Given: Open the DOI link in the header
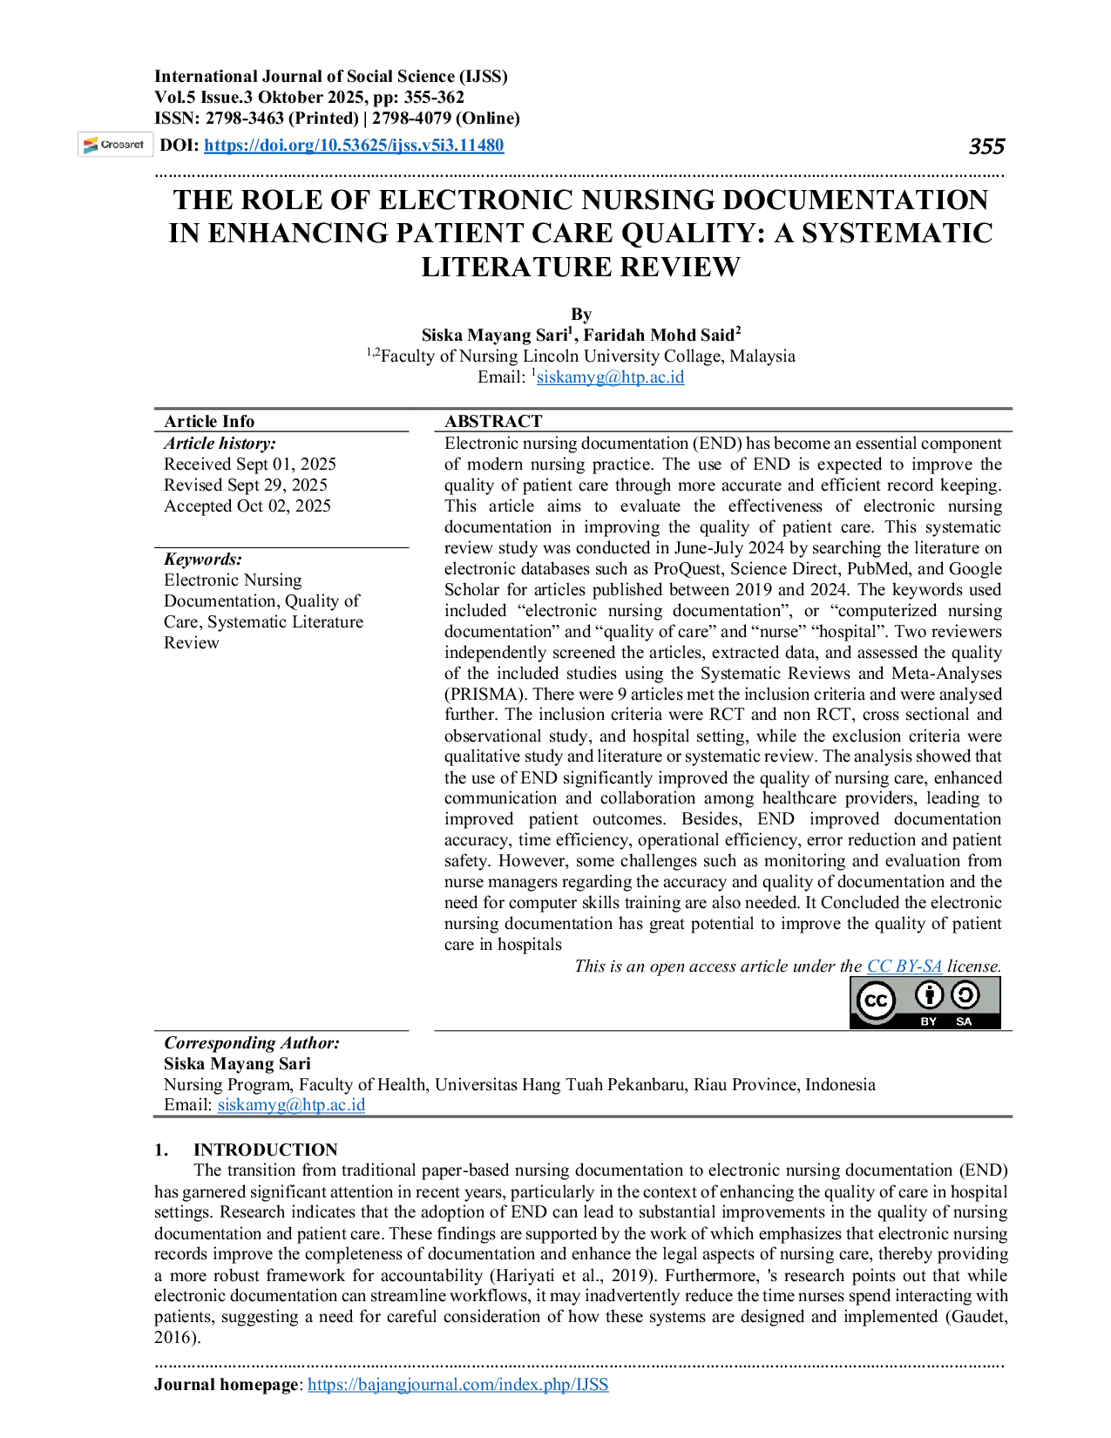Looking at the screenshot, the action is (354, 145).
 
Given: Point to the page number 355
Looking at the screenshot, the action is (986, 146).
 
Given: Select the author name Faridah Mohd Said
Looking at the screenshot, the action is (659, 335).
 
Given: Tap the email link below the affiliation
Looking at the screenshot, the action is (610, 376).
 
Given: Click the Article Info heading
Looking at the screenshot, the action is (209, 421).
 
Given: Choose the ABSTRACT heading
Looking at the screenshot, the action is (493, 421).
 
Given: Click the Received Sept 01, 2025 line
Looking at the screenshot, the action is (250, 464).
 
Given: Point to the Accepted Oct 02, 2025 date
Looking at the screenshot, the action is (247, 505).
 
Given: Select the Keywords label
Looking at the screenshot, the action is (203, 560).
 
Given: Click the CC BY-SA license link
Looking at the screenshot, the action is (904, 967).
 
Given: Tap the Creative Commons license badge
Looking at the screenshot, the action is (925, 1002).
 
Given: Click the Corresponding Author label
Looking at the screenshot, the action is (252, 1043).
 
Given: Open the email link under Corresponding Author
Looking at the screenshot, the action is (291, 1104).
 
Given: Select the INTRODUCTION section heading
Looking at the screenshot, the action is (266, 1150).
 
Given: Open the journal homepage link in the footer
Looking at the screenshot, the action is (457, 1384).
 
